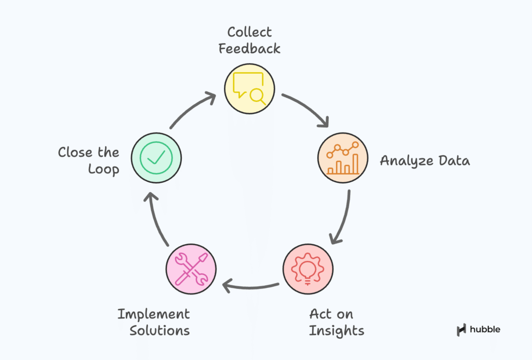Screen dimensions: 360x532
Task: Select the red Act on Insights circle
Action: (308, 269)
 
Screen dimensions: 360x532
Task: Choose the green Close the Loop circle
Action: (156, 157)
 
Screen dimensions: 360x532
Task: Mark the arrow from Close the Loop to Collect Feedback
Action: (192, 109)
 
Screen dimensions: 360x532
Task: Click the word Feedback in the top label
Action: (249, 49)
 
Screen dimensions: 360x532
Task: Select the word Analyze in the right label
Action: (400, 161)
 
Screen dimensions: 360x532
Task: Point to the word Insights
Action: (337, 330)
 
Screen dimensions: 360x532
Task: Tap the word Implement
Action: (153, 314)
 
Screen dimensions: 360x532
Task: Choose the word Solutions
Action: (159, 330)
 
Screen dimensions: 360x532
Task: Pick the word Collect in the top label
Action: (249, 32)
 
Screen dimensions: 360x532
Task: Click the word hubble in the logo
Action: (485, 329)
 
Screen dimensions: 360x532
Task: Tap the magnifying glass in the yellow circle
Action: (257, 96)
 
